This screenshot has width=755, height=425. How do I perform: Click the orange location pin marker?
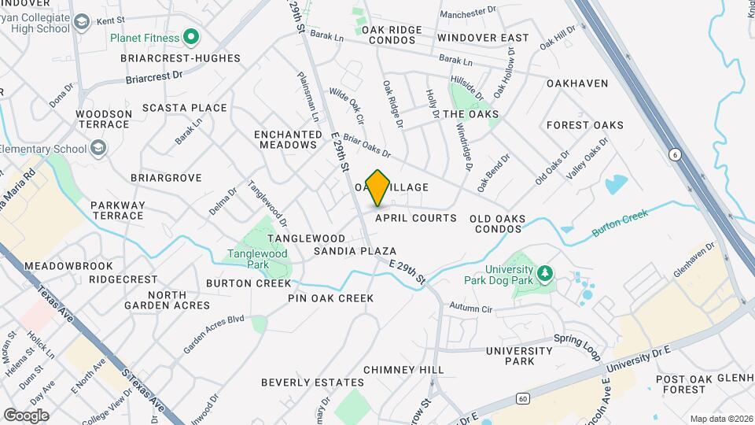(x=377, y=187)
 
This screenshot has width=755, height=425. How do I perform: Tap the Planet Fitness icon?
(x=190, y=36)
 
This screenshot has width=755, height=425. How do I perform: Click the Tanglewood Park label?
(x=257, y=259)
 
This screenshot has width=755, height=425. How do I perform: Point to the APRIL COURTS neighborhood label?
(x=416, y=218)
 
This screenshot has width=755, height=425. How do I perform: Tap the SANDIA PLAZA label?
(x=355, y=250)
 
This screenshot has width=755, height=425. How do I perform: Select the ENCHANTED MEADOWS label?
(x=285, y=139)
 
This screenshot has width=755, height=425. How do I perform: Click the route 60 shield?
(x=523, y=399)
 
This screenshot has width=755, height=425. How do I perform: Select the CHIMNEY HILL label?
(x=403, y=369)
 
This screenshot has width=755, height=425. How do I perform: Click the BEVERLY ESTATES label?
(x=312, y=382)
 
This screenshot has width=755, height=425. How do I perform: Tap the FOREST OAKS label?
(x=584, y=125)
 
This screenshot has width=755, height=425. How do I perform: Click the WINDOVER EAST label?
(x=483, y=38)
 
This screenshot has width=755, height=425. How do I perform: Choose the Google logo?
(x=26, y=415)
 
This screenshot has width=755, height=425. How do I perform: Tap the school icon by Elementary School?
(x=98, y=148)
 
